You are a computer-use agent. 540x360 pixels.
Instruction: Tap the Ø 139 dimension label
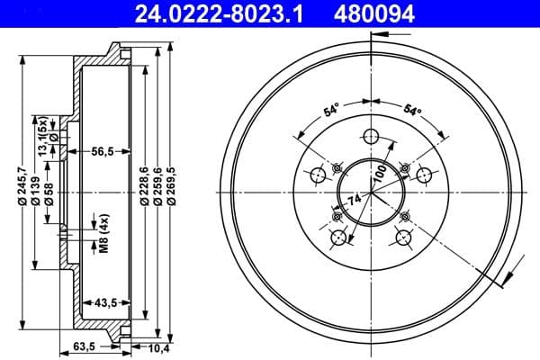(x=35, y=189)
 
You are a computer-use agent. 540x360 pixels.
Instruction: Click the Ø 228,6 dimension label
(x=144, y=189)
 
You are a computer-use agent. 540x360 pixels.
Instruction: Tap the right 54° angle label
(x=410, y=111)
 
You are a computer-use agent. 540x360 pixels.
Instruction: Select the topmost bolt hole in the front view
(x=371, y=137)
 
